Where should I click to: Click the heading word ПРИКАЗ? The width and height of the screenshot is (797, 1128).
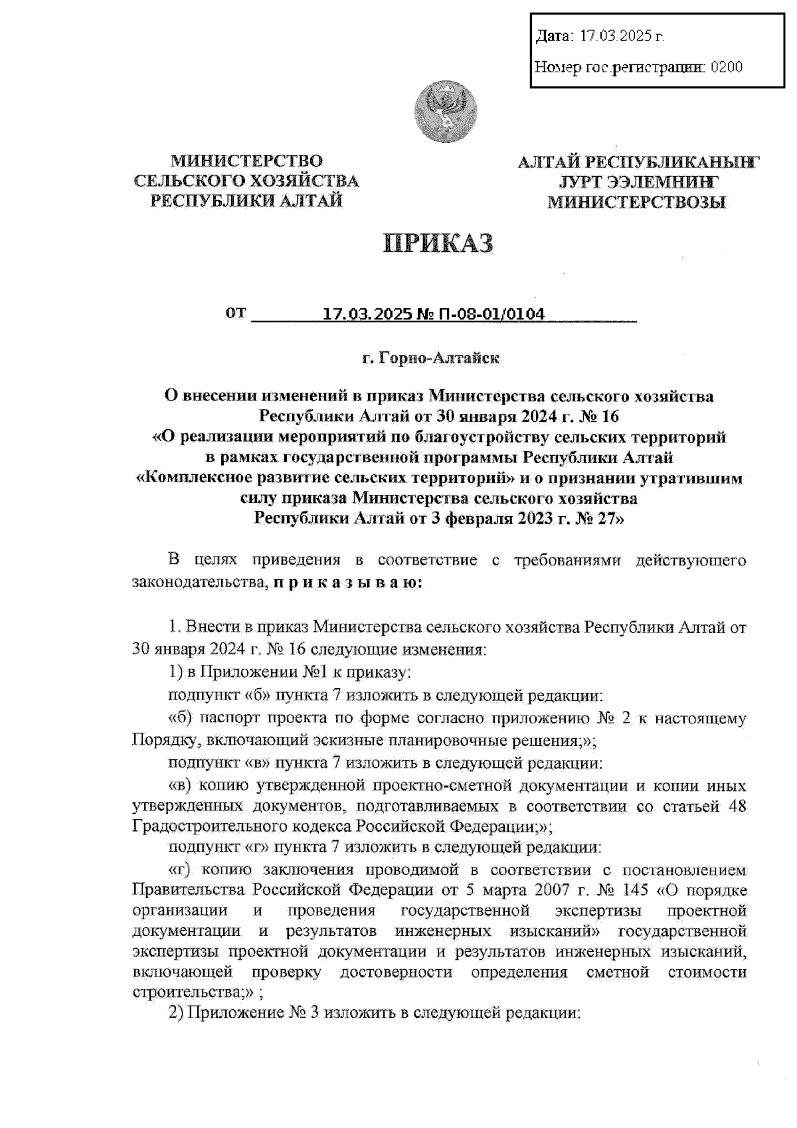pyautogui.click(x=438, y=243)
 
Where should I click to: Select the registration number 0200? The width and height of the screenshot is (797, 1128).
pyautogui.click(x=727, y=67)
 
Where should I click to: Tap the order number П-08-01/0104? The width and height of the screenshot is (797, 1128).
pyautogui.click(x=488, y=314)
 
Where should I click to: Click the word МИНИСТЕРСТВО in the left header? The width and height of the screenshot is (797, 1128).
pyautogui.click(x=246, y=161)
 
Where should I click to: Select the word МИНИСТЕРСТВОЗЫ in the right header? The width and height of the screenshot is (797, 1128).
pyautogui.click(x=636, y=202)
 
